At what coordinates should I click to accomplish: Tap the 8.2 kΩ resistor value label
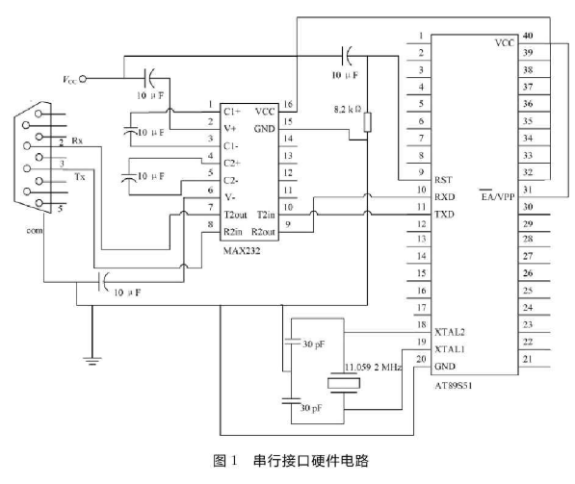click(x=346, y=109)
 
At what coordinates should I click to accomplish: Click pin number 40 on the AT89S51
click(x=527, y=37)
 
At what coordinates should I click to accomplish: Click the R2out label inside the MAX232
click(x=264, y=232)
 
